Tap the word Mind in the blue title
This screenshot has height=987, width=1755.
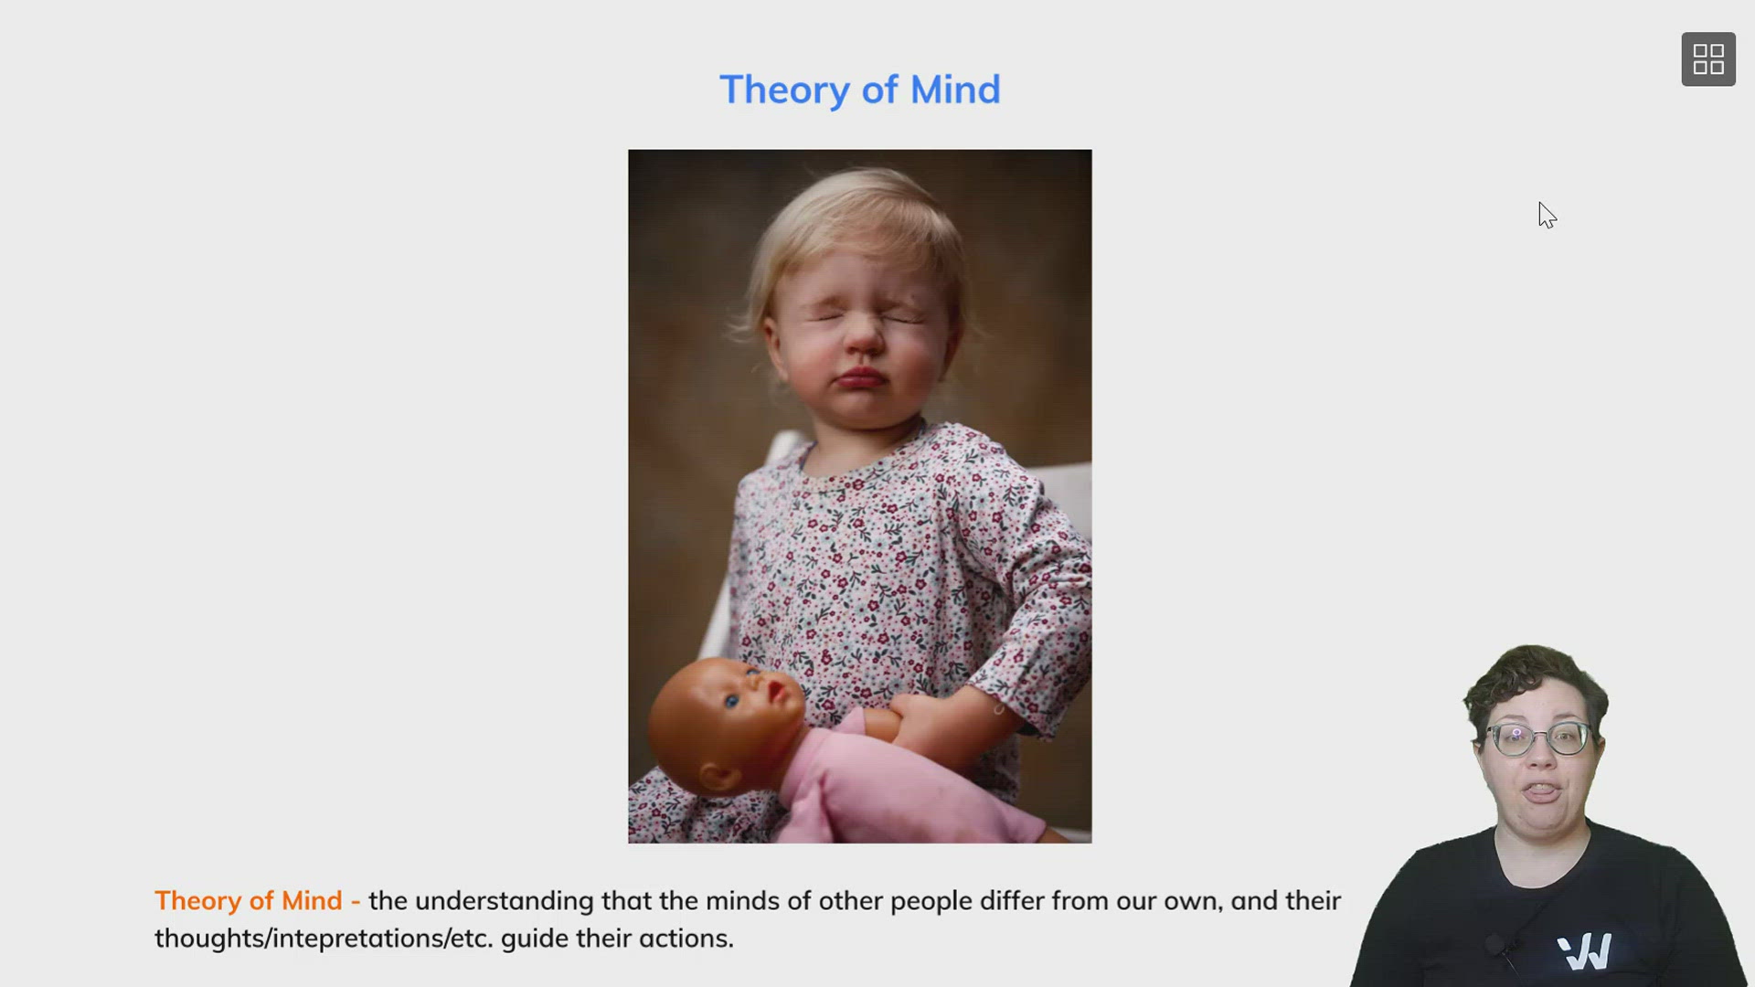tap(955, 90)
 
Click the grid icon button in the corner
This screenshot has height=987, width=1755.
tap(1708, 59)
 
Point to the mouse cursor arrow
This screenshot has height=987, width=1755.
tap(1547, 216)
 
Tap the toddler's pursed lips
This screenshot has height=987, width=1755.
tap(860, 377)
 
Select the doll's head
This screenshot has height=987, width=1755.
tap(727, 722)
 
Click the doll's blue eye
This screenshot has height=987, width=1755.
tap(732, 702)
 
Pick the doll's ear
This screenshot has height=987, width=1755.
tap(718, 778)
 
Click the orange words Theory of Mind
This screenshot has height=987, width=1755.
tap(248, 901)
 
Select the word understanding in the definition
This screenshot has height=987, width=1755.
tap(505, 902)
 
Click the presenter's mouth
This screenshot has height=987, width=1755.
tap(1543, 791)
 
